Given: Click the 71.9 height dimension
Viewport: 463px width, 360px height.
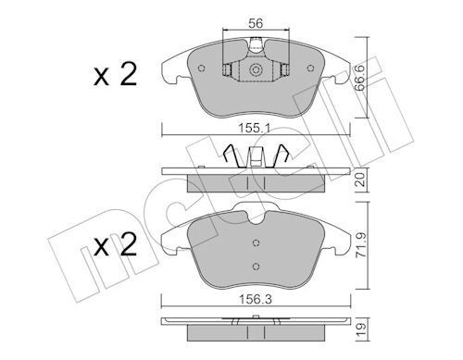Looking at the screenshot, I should point(363,247).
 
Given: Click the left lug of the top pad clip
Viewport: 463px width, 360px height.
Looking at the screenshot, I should point(227,68).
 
